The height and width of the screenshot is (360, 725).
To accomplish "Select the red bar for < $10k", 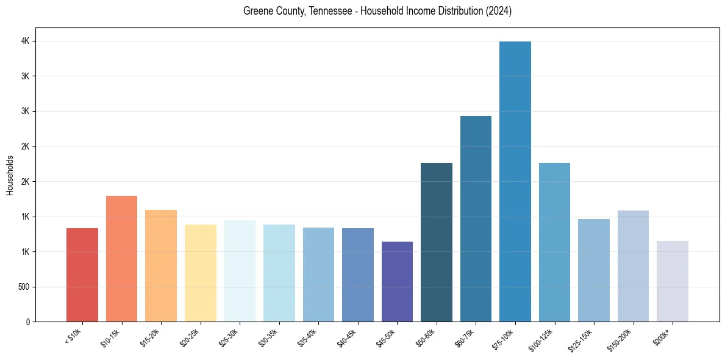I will pos(82,275).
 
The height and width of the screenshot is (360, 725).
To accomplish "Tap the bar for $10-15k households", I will pos(121,259).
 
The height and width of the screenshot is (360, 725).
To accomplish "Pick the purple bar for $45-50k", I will pos(397,281).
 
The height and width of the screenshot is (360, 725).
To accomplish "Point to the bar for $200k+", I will pos(673,281).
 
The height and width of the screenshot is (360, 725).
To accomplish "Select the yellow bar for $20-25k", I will pos(200,273).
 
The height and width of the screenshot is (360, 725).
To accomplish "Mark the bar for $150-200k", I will pos(633,266).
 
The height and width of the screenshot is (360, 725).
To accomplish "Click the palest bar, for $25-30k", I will pos(240,271).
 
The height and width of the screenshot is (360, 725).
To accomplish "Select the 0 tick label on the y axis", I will pos(28,322).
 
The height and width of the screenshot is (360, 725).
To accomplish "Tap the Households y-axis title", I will pos(10,175).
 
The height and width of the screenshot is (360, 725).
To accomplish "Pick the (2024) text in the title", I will pos(498,12).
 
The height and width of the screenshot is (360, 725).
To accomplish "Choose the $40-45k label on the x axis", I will pos(346,337).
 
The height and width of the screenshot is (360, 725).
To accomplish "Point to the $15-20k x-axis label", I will pos(149,337).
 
